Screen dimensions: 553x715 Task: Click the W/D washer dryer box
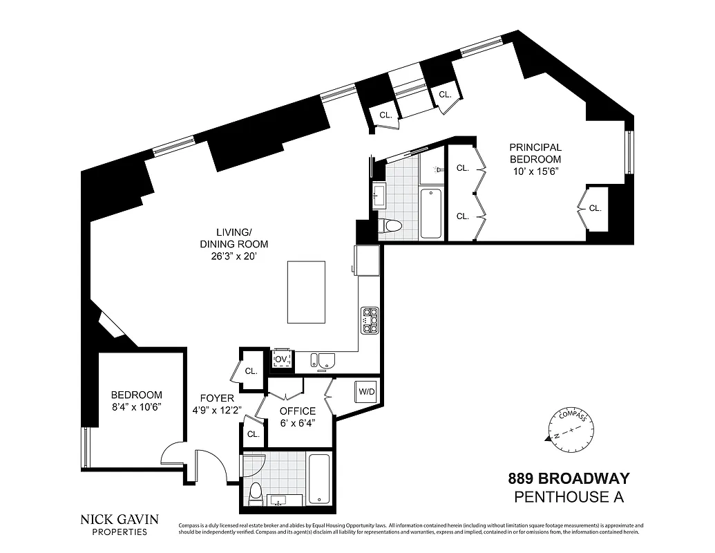[x=366, y=392]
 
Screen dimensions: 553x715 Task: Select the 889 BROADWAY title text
[x=569, y=478]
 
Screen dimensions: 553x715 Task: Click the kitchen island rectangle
[x=306, y=292]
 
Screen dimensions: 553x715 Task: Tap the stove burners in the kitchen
[x=370, y=321]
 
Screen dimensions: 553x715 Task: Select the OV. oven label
[x=281, y=359]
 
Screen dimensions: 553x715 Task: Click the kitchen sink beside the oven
[x=323, y=360]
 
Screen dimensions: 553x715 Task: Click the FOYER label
[x=217, y=398]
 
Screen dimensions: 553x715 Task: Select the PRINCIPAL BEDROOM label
[x=535, y=153]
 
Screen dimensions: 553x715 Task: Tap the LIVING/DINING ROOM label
[x=233, y=238]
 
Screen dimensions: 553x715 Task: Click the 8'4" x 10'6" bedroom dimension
[x=137, y=407]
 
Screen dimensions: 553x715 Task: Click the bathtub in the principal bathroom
[x=431, y=213]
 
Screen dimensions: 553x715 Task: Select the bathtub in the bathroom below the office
[x=319, y=479]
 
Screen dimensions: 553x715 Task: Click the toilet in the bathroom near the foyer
[x=255, y=492]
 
